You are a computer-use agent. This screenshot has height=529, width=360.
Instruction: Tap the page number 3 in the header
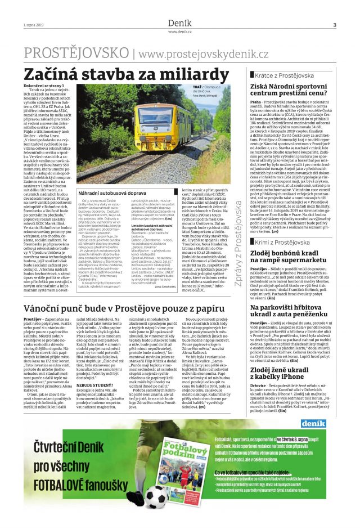click(x=334, y=25)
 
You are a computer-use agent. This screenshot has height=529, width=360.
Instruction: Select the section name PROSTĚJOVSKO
click(x=76, y=53)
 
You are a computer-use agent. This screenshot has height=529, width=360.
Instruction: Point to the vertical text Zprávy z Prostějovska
click(x=238, y=243)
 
